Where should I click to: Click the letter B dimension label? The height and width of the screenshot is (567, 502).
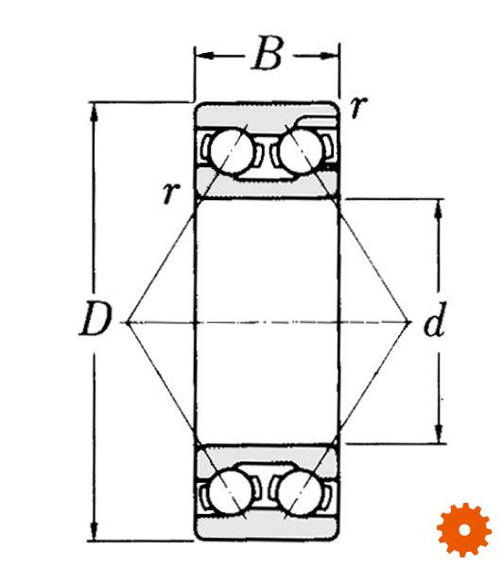pos(268,53)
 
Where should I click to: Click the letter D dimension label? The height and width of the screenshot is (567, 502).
pos(94,319)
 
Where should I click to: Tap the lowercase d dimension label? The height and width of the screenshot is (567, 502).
pos(434,319)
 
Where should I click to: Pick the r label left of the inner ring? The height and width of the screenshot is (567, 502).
pos(171,192)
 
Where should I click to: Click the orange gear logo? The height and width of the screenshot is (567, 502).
pos(464,530)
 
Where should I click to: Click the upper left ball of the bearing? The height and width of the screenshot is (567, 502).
pos(232,151)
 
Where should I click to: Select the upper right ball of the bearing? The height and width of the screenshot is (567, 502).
pos(301,151)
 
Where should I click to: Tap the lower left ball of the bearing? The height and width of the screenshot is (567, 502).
pos(231,491)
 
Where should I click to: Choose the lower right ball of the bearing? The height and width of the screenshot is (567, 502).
pos(300,491)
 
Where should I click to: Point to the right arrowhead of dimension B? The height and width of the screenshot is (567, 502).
pos(330,56)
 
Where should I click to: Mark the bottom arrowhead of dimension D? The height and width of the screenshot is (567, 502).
pos(94,531)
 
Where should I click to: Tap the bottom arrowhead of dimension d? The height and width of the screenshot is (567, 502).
pos(439,434)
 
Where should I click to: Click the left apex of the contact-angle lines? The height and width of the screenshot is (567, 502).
pos(128,322)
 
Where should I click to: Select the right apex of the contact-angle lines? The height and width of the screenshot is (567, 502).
pos(409,322)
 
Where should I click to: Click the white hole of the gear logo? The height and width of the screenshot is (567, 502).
pos(464,530)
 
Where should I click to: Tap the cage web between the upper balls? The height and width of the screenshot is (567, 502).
pos(267,155)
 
